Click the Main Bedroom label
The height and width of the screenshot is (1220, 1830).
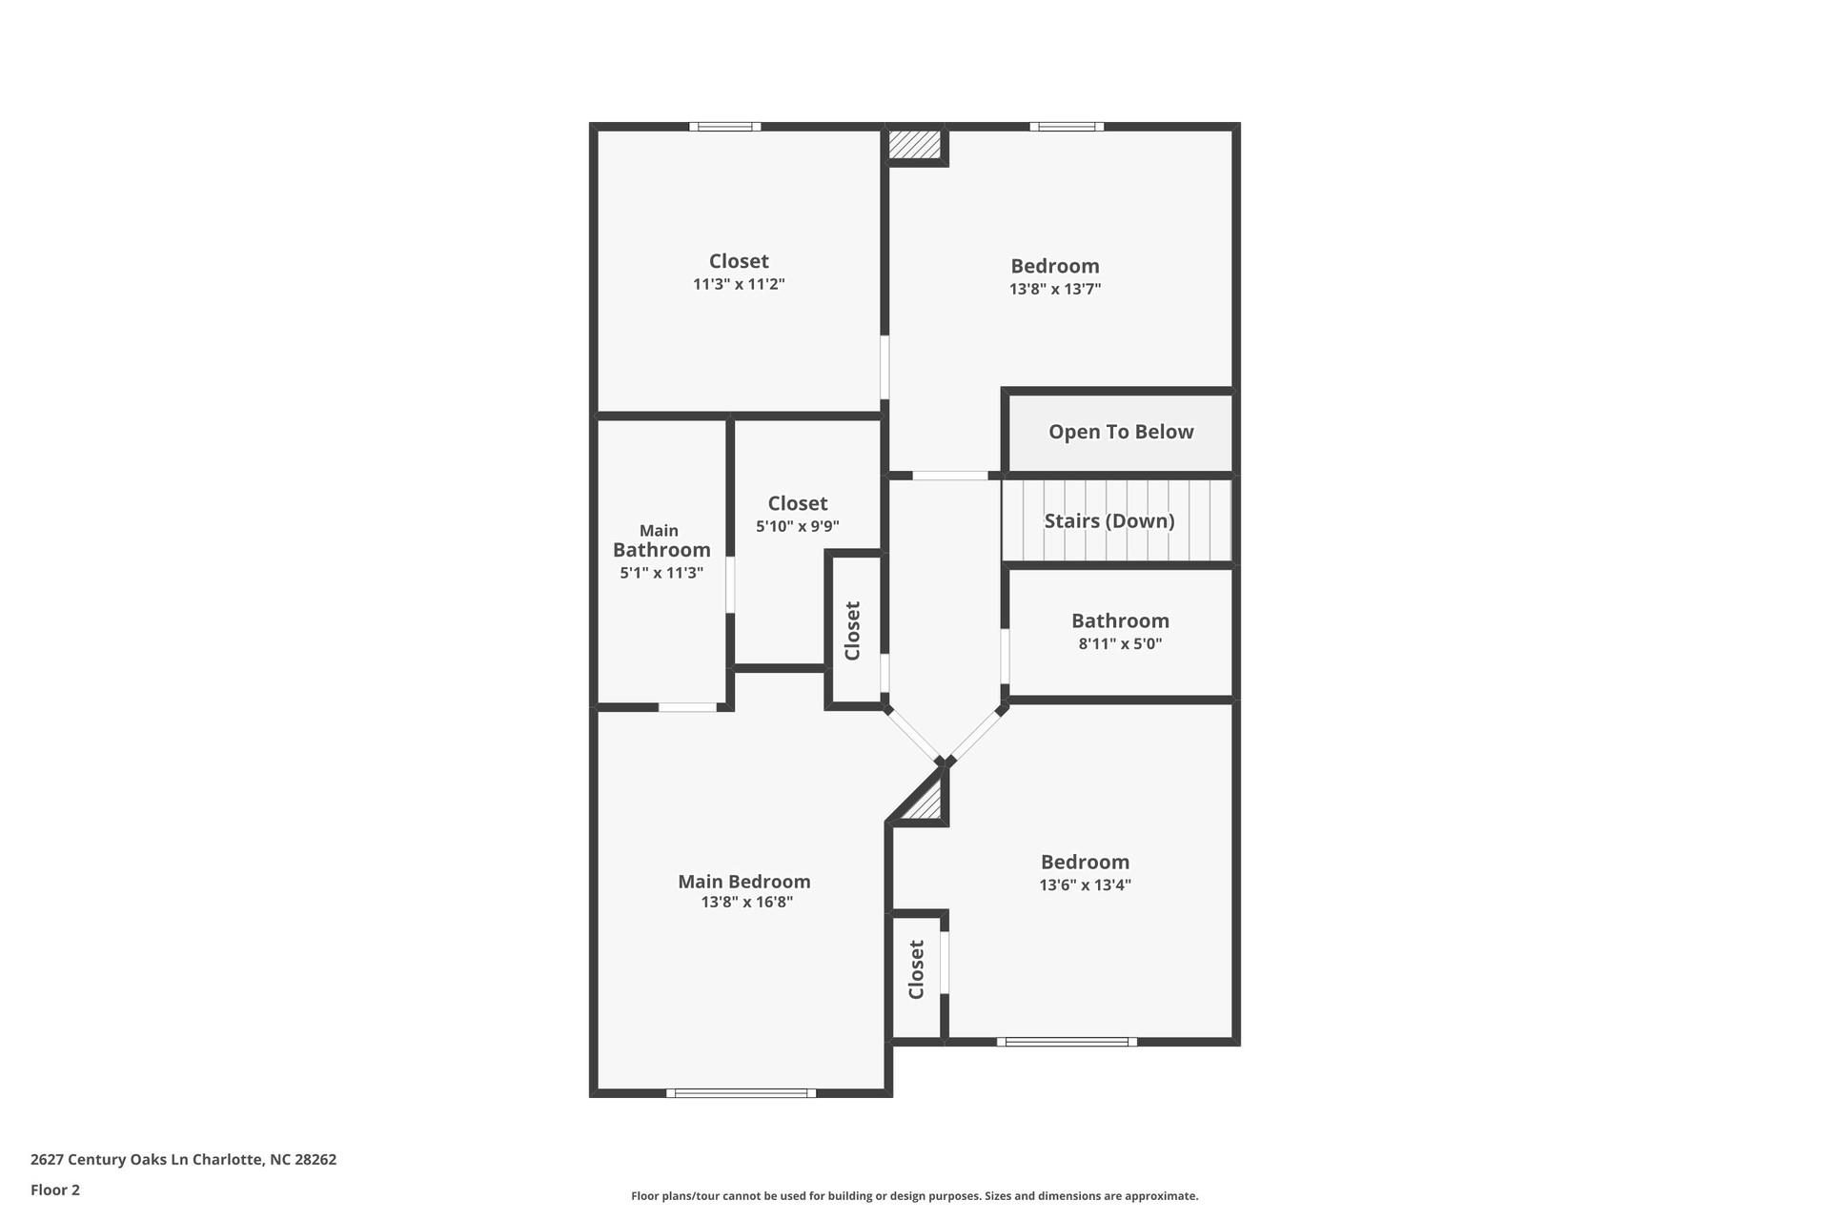point(743,882)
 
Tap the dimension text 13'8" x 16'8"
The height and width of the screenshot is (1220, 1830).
point(746,903)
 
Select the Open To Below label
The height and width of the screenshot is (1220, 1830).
point(1121,432)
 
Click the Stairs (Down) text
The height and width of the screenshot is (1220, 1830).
point(1108,520)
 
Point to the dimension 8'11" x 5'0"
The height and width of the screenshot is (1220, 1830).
point(1120,643)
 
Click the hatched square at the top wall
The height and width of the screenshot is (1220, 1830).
point(914,145)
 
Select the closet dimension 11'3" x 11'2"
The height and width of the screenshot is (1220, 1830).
point(739,284)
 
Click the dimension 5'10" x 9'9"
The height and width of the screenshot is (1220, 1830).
point(797,526)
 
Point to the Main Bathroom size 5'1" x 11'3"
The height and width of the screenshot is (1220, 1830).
point(661,573)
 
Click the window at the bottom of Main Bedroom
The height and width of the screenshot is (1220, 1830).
point(741,1093)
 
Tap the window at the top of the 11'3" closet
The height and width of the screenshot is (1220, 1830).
point(724,127)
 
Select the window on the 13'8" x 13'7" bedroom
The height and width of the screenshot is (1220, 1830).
point(1066,127)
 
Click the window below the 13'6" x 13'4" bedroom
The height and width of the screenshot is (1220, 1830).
point(1067,1042)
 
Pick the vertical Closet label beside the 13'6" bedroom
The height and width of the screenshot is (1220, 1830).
point(917,969)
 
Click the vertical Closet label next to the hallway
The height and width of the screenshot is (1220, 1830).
point(853,630)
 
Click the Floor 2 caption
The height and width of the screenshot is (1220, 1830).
point(55,1189)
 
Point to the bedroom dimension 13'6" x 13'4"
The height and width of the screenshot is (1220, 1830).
point(1085,884)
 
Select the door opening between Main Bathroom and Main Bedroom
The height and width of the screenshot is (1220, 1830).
point(687,707)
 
